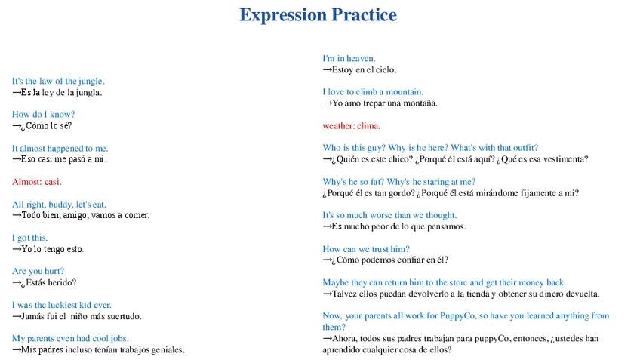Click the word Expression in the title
point(283,15)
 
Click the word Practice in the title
point(364,14)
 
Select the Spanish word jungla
point(89,93)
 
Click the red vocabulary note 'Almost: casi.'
point(37,182)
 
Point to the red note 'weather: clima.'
point(351,126)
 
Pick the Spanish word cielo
point(386,69)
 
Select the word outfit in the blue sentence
point(524,148)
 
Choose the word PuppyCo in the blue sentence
point(460,316)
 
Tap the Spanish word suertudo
point(124,316)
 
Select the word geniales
point(168,349)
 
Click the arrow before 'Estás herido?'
point(17,282)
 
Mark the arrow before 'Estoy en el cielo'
point(327,69)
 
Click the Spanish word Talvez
point(344,294)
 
